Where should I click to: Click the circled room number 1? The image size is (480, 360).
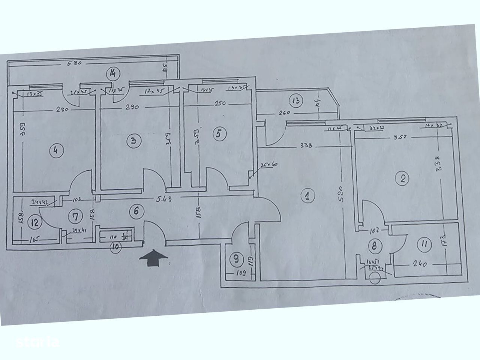(x=307, y=196)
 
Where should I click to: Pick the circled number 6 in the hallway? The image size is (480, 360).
(x=136, y=211)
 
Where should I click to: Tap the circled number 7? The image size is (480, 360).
(x=76, y=216)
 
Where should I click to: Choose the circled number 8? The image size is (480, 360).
(x=374, y=246)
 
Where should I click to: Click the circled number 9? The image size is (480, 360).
(x=236, y=258)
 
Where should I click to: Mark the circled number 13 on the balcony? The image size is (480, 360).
(x=296, y=100)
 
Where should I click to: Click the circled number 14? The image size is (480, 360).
(x=112, y=73)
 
